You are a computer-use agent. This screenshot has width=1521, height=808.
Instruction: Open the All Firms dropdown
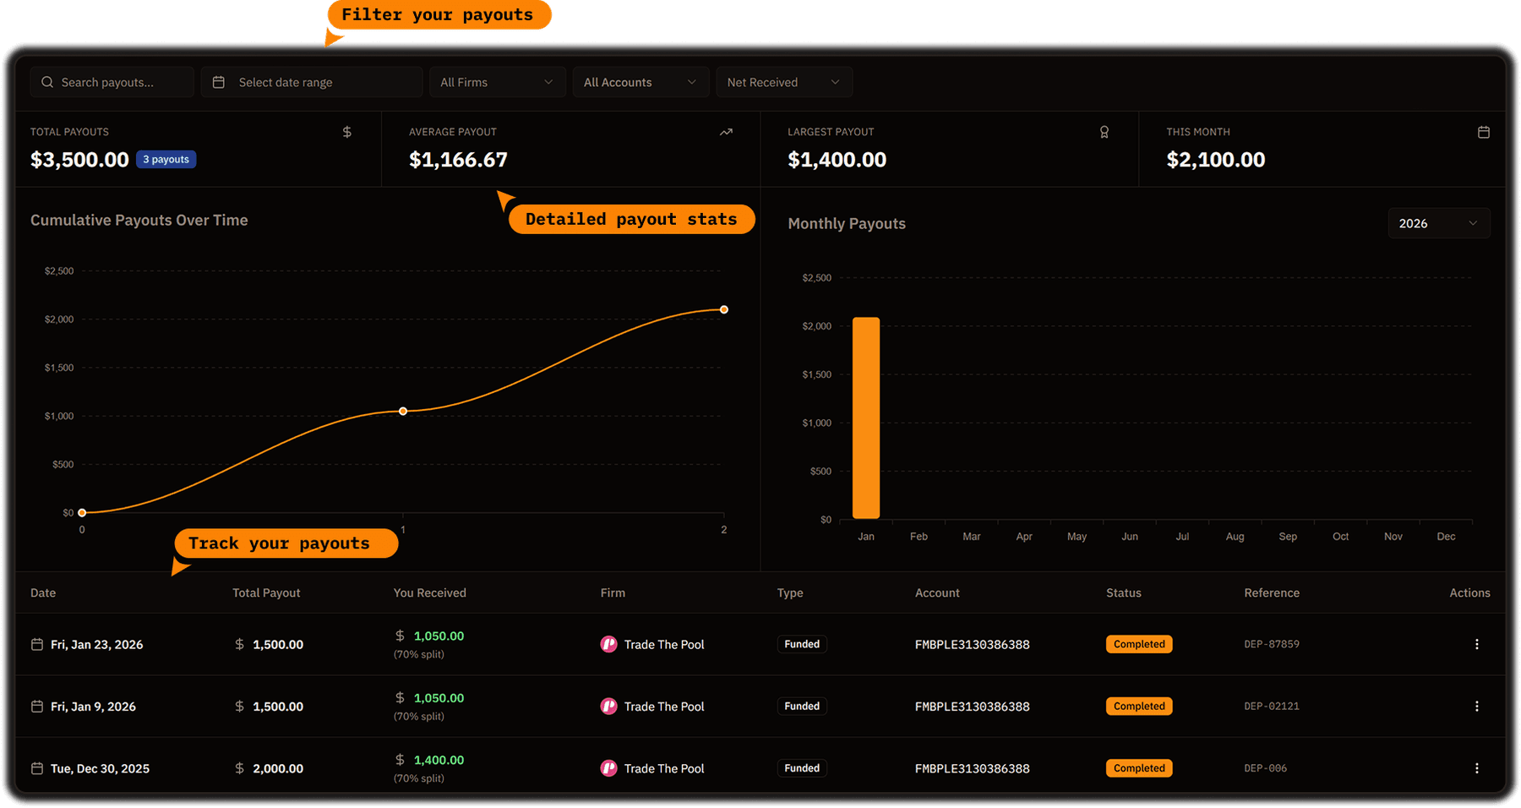click(x=497, y=82)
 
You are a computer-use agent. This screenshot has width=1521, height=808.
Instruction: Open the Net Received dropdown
click(x=783, y=82)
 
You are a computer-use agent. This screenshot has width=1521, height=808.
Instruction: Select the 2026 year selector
click(x=1438, y=223)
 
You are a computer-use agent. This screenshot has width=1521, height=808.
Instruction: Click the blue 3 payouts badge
click(x=166, y=160)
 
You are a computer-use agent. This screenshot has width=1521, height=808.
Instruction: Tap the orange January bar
click(x=866, y=418)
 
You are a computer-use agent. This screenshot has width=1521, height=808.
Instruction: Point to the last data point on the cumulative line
click(x=724, y=309)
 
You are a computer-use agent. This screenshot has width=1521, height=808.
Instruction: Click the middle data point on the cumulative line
click(x=403, y=412)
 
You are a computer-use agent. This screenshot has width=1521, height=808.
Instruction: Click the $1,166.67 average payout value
click(x=458, y=160)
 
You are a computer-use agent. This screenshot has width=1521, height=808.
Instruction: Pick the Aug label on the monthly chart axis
click(x=1235, y=537)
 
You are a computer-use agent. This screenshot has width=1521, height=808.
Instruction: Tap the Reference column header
click(x=1272, y=593)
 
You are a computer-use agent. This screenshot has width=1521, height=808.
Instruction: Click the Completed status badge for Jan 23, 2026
click(x=1138, y=644)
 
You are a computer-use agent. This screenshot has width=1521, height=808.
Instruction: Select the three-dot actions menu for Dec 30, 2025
click(x=1476, y=768)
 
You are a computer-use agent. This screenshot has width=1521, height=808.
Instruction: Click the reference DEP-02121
click(x=1272, y=707)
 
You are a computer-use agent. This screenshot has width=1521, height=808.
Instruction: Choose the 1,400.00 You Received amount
click(x=439, y=760)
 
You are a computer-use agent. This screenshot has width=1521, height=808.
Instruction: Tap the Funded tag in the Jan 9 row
click(x=802, y=707)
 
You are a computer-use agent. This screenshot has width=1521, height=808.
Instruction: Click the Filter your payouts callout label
click(x=438, y=15)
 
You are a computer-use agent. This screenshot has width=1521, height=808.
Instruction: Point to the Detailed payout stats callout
click(x=630, y=220)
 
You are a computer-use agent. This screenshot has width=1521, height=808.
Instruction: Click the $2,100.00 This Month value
click(x=1215, y=160)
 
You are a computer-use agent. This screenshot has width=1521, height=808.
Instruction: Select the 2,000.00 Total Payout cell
click(x=277, y=768)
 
